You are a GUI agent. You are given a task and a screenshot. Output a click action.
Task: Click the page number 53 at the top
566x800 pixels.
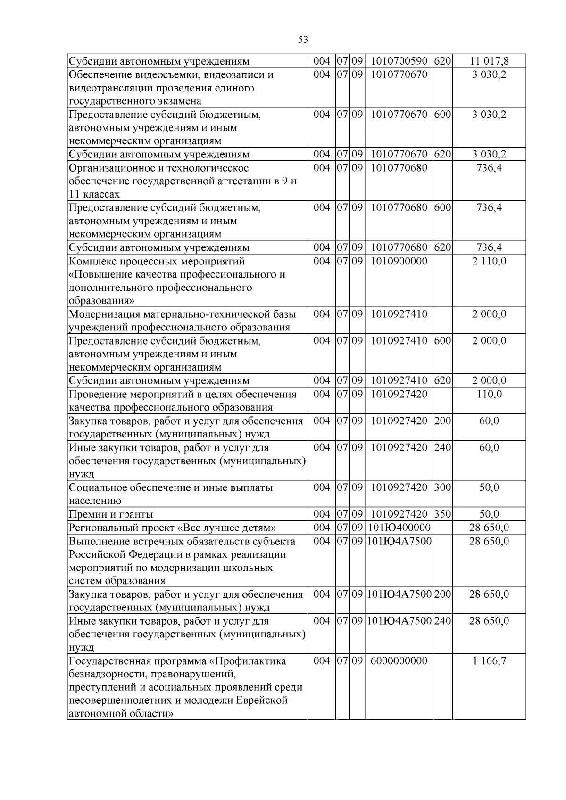coord(303,40)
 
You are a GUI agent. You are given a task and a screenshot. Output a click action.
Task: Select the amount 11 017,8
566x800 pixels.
coord(489,61)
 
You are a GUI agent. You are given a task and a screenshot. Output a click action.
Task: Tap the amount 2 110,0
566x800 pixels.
coord(489,261)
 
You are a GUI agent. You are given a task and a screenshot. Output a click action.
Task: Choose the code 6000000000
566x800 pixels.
coord(399,661)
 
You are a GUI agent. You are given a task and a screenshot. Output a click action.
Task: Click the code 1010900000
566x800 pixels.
coord(399,261)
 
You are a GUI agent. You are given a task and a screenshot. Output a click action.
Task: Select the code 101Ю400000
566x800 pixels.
coord(399,528)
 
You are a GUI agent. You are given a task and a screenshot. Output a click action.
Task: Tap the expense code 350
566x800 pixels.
coord(442,514)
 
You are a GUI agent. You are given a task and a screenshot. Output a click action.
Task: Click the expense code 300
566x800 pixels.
coord(442,487)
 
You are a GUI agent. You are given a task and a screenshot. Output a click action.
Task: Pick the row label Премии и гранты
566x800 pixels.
coord(111,514)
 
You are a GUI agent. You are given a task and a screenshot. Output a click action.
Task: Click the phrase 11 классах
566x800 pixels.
coord(94,194)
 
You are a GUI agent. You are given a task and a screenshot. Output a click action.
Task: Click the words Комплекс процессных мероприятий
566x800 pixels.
coord(157,261)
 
